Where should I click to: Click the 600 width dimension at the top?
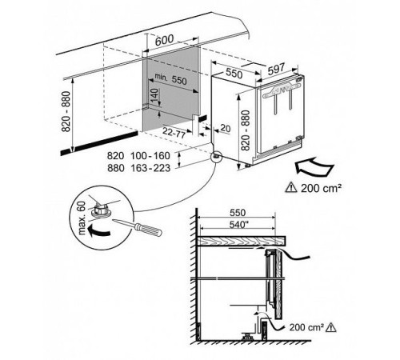tap(164, 40)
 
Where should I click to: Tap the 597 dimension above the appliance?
tap(277, 70)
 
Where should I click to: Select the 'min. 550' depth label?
tap(170, 79)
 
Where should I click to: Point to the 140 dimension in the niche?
tap(154, 96)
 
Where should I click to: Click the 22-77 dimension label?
tap(174, 133)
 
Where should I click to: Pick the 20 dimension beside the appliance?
tap(226, 129)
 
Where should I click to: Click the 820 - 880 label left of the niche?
tap(66, 112)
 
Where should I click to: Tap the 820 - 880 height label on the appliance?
tap(246, 130)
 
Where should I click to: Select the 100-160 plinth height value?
tap(150, 156)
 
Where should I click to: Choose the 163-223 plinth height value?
tap(150, 168)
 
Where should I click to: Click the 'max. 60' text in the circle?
tap(82, 218)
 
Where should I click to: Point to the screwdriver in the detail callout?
tap(138, 228)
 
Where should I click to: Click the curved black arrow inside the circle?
tap(99, 231)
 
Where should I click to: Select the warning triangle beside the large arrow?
tap(291, 188)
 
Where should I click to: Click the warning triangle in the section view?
tap(331, 327)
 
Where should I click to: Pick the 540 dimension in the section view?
tap(238, 225)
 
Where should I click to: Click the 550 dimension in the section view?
tap(238, 213)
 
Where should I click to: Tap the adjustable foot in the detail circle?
tap(101, 210)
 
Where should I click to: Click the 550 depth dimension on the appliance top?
tap(234, 74)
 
